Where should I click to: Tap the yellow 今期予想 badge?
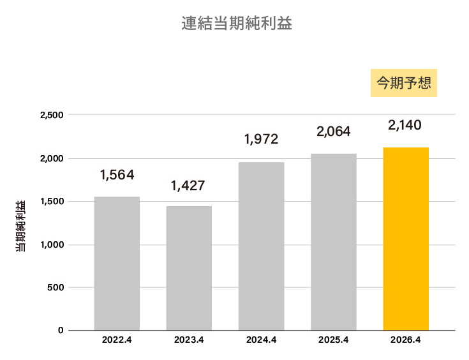[404, 83]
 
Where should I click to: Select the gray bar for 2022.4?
[117, 263]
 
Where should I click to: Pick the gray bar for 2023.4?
[189, 268]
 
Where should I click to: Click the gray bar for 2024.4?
[261, 246]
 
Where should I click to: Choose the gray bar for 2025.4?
[334, 241]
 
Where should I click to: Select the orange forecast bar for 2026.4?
[406, 239]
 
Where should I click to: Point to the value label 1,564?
[117, 175]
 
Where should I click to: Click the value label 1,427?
[189, 186]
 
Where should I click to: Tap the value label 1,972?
[261, 139]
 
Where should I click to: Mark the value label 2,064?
[334, 131]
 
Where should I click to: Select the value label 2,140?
[405, 125]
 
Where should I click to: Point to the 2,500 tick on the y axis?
[51, 116]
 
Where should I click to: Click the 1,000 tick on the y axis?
[51, 244]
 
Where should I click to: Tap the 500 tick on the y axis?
[56, 287]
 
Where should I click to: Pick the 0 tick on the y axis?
[61, 331]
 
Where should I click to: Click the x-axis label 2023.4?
[189, 340]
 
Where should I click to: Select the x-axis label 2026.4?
[406, 340]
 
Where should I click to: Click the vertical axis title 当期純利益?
[21, 225]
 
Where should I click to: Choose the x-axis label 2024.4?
[261, 340]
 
